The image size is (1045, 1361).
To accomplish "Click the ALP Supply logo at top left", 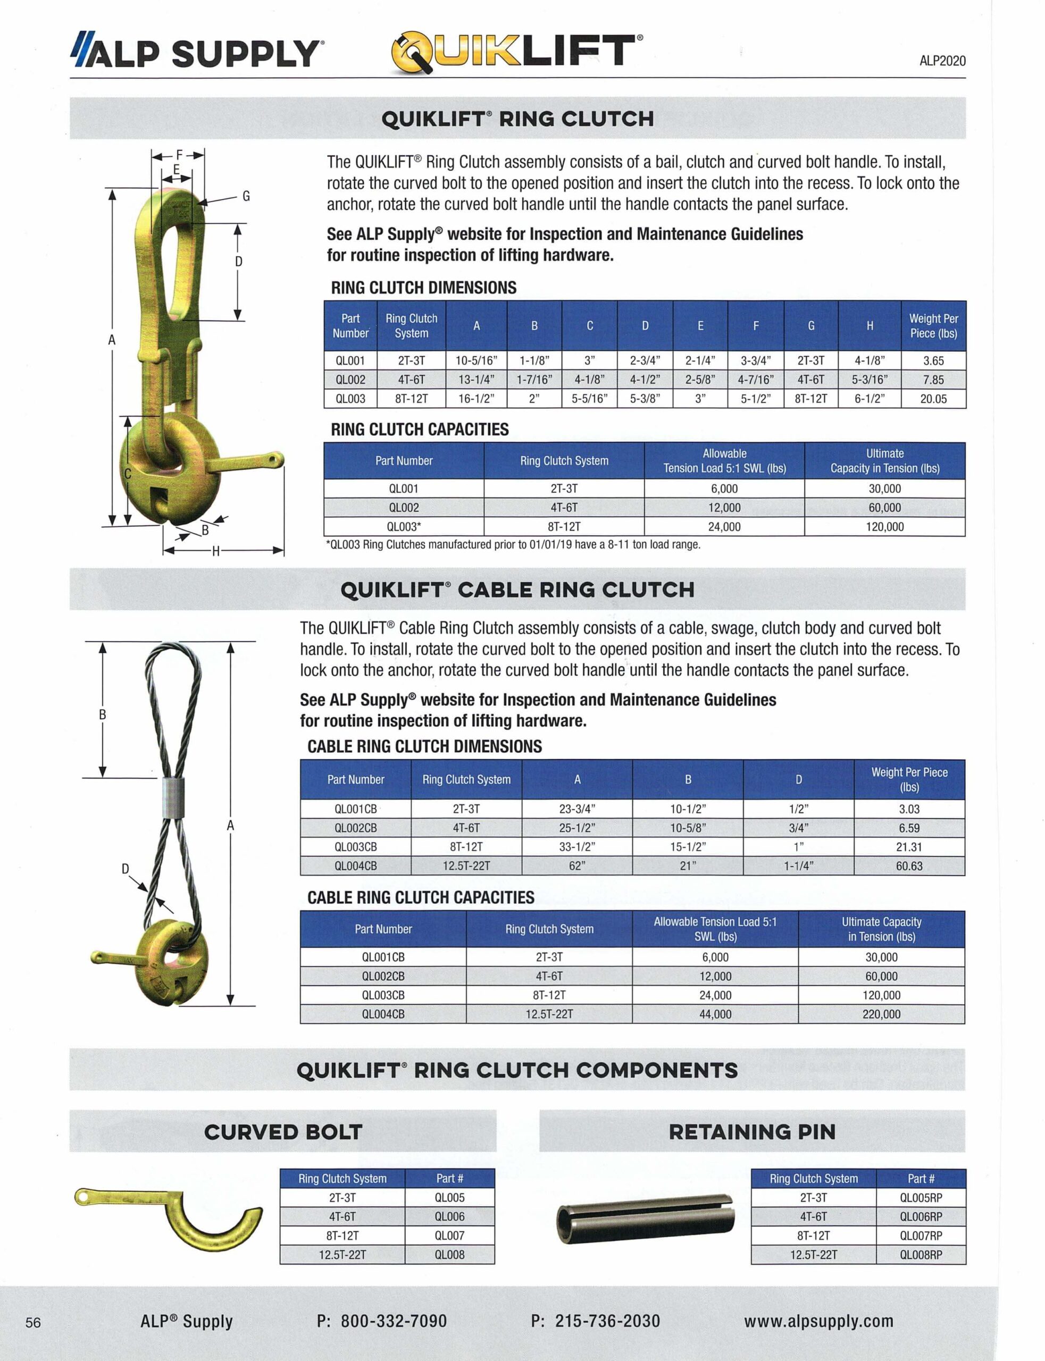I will pos(197,52).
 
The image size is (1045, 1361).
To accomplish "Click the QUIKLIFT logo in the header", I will pos(516,52).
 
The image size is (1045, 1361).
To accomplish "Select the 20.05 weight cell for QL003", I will pos(933,399).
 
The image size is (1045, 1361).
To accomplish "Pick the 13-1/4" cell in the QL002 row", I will pos(476,379).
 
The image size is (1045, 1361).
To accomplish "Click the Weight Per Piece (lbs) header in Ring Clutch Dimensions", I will pos(933,326).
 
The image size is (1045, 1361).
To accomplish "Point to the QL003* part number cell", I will pos(404,527).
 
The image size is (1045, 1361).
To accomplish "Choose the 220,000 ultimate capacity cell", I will pos(881,1014).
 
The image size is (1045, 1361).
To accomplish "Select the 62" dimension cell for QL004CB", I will pos(576,866).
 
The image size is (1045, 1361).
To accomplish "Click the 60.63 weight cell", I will pos(909,866).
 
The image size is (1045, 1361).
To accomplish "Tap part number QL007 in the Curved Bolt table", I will pos(449,1236).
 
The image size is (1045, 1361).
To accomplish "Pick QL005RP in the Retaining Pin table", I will pos(921,1197).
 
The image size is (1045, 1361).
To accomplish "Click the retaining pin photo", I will pos(645,1219).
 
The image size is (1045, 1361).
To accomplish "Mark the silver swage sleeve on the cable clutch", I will pos(173,797).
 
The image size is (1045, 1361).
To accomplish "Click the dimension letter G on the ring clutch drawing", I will pos(246,197).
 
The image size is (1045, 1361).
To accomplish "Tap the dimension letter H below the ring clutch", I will pos(216,551).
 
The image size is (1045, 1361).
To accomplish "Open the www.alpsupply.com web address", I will pos(818,1321).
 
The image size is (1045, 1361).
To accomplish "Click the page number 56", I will pos(33,1322).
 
